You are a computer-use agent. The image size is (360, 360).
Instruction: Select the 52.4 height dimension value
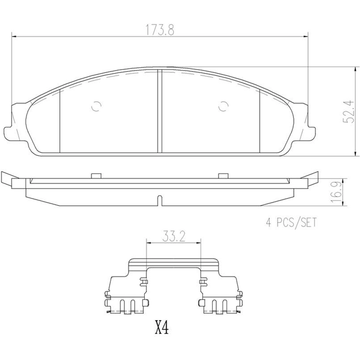[348, 111]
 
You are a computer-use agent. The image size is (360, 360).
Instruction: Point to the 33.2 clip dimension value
[174, 237]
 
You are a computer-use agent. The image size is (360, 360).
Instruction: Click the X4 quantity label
[162, 328]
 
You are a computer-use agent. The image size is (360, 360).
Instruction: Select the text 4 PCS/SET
[291, 222]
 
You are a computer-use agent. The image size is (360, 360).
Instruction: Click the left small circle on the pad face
[96, 106]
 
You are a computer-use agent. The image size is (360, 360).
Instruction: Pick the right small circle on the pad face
[224, 106]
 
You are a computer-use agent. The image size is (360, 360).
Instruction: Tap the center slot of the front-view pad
[160, 111]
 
